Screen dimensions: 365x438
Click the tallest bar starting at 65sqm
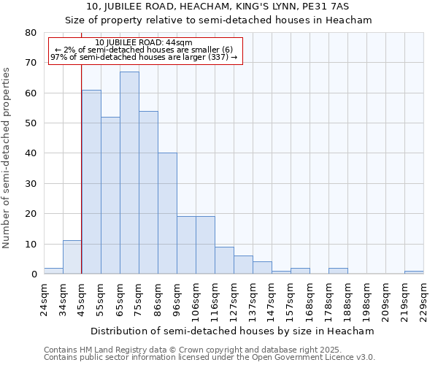129,173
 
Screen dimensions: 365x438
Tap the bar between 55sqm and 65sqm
110,196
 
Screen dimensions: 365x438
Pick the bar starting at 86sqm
167,213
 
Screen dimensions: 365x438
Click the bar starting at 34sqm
72,257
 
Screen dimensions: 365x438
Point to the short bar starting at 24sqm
53,271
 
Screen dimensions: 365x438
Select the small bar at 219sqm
414,272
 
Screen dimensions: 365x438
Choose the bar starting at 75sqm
148,193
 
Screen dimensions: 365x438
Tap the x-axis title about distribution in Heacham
233,331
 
